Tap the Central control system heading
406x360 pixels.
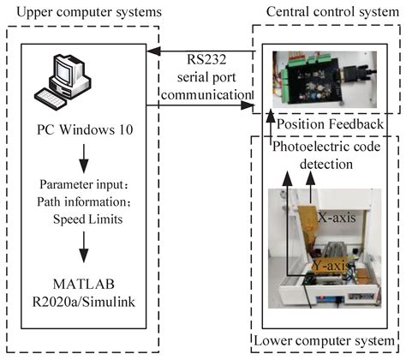pyautogui.click(x=326, y=13)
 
